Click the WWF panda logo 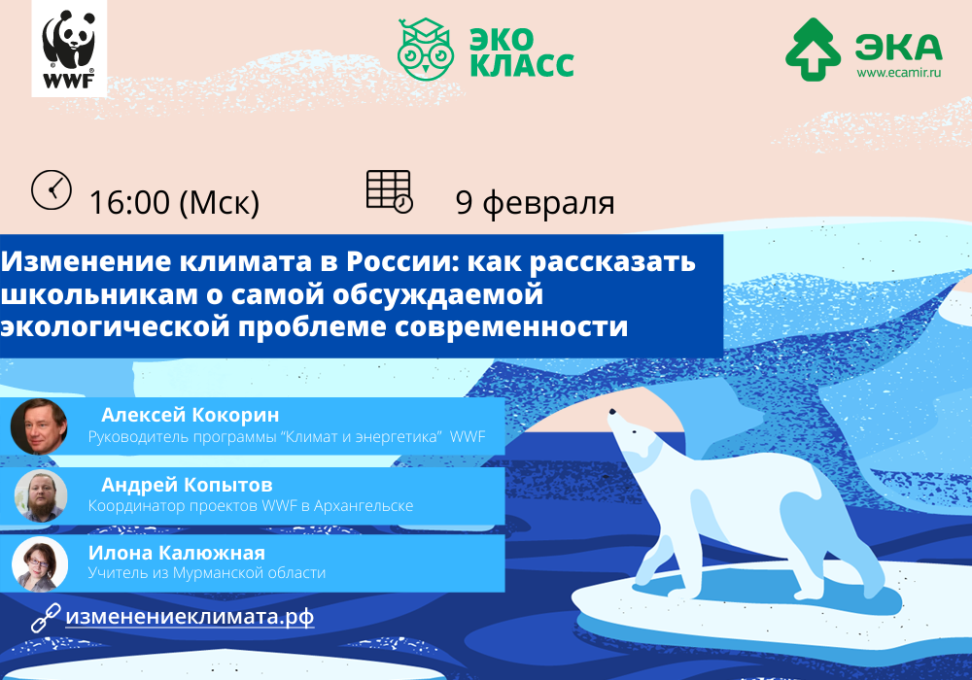tap(69, 49)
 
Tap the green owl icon tap(426, 49)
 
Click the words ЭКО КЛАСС tap(521, 52)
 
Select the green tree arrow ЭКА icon tap(813, 50)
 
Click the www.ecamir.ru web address tap(899, 73)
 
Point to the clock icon tap(52, 189)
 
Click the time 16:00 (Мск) tap(174, 202)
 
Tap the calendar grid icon tap(390, 191)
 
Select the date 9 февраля tap(535, 202)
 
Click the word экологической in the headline tap(115, 326)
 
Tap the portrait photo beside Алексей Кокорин tap(39, 426)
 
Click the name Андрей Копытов tap(187, 485)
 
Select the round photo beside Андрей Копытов tap(40, 495)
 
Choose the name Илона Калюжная tap(177, 553)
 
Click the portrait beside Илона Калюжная tap(40, 564)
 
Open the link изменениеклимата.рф tap(190, 617)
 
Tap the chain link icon tap(46, 618)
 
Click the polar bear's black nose tap(612, 411)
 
